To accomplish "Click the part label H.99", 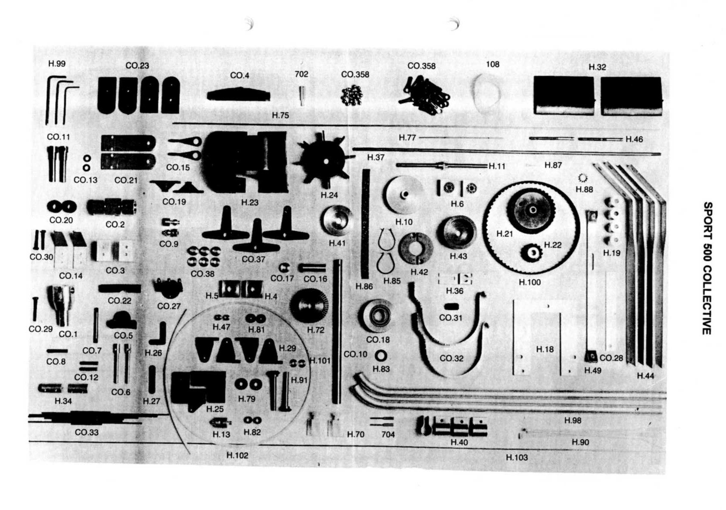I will tap(57, 64).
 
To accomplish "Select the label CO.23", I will tap(137, 65).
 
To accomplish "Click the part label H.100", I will tap(530, 282).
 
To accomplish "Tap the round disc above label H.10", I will tap(403, 194).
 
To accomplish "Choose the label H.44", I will tap(645, 376).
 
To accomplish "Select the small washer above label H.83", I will tap(381, 356).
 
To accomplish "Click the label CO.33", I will tap(87, 432).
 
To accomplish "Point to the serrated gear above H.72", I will tap(308, 307).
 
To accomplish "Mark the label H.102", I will tap(237, 455).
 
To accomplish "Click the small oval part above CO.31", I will tap(451, 306).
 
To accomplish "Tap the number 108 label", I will tap(493, 64).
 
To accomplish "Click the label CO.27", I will tap(169, 306).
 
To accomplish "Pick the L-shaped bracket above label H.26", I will tap(158, 333).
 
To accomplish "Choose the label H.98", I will tap(573, 420).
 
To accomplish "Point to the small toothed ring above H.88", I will tap(583, 178).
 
